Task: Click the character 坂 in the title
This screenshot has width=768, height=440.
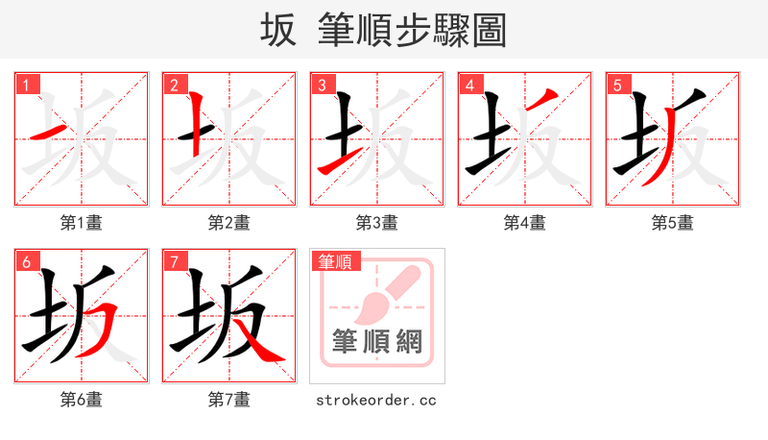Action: pyautogui.click(x=278, y=31)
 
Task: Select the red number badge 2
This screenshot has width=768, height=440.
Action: pyautogui.click(x=174, y=85)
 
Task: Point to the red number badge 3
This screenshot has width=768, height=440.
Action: pyautogui.click(x=322, y=85)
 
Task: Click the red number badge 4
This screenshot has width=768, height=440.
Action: pyautogui.click(x=469, y=85)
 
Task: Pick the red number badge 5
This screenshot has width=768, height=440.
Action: pyautogui.click(x=617, y=85)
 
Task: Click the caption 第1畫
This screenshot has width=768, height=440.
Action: pyautogui.click(x=82, y=223)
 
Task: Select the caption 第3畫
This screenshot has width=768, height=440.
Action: pyautogui.click(x=377, y=223)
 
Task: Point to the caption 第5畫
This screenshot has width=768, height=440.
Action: pyautogui.click(x=673, y=223)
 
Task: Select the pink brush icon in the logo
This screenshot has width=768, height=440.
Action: pyautogui.click(x=384, y=292)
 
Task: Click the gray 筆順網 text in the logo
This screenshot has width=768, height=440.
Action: pyautogui.click(x=377, y=341)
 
